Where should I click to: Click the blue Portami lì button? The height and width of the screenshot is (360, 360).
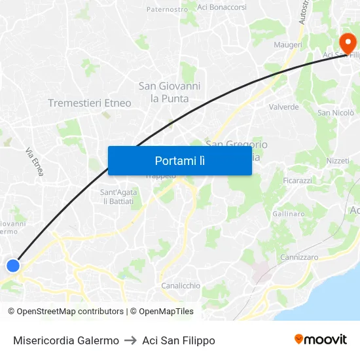(180, 160)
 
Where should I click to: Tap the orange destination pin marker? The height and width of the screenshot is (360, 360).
(346, 44)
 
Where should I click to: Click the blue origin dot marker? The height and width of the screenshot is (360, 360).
(13, 265)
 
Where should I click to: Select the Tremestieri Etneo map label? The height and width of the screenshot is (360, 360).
(90, 103)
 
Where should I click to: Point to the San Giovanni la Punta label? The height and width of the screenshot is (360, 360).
(170, 92)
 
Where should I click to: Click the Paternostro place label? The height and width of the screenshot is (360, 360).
(167, 9)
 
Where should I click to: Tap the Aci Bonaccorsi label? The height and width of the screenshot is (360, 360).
(222, 7)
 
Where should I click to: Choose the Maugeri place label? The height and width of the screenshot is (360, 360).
(287, 45)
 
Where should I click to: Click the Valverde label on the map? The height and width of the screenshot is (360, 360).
(284, 107)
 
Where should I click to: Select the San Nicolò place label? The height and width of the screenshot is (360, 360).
(336, 113)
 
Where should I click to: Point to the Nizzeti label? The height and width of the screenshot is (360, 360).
(338, 160)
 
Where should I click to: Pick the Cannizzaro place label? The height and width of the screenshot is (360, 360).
(299, 258)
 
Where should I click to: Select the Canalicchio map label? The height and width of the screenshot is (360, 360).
(181, 286)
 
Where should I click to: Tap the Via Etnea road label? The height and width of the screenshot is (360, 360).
(34, 162)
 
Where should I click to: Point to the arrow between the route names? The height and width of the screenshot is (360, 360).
(130, 340)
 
